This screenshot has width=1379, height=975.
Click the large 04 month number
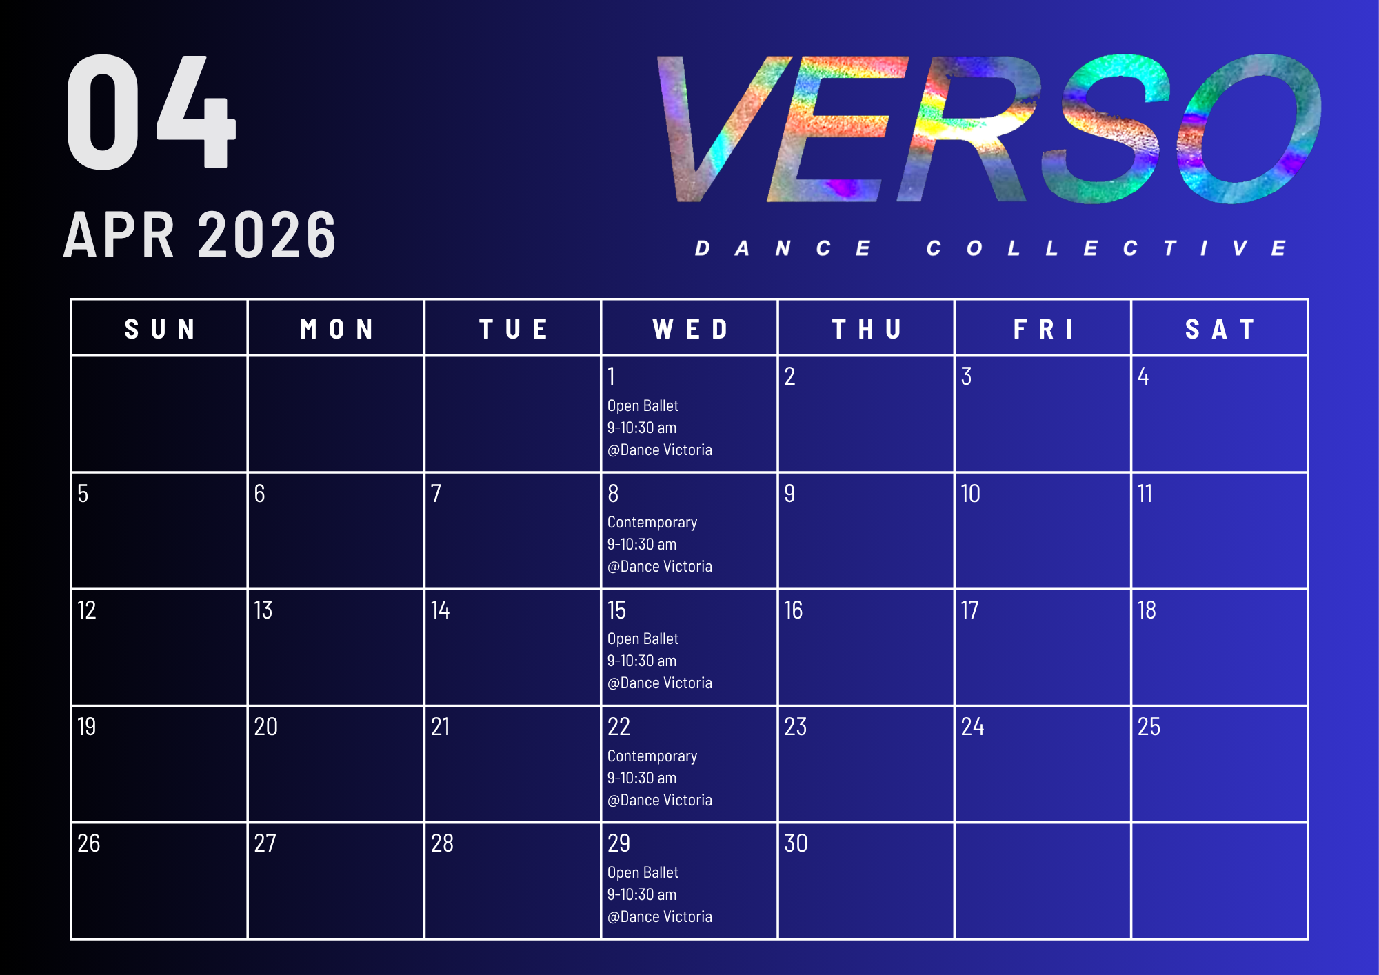(151, 112)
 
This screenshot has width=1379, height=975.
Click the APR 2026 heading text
(200, 235)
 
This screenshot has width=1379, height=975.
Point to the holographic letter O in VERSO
(1249, 129)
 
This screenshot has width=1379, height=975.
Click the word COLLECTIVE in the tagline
(1106, 248)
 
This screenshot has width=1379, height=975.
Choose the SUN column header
(159, 329)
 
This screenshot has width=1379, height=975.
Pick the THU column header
(866, 329)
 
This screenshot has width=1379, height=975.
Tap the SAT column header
(1219, 329)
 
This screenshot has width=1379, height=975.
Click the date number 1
(611, 376)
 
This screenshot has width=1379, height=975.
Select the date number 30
(796, 843)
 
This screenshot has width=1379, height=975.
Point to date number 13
(263, 610)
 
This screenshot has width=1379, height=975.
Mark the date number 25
(1149, 727)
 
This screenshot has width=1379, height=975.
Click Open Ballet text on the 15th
(643, 639)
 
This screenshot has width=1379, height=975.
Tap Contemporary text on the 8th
(652, 523)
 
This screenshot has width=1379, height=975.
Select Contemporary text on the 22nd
(652, 756)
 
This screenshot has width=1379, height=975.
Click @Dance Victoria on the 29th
(660, 916)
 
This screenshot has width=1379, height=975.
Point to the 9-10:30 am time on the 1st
(642, 428)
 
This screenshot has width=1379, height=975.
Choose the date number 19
(86, 727)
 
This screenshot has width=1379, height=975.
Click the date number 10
(970, 494)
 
